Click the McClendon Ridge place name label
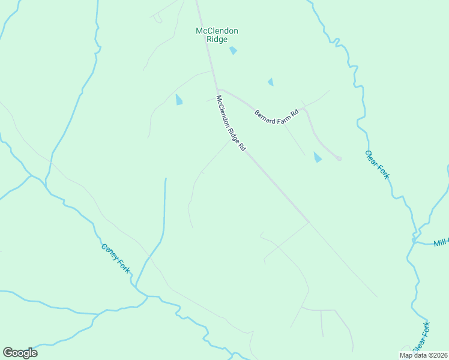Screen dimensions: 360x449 tap(217, 35)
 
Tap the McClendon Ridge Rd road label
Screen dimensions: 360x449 tap(231, 123)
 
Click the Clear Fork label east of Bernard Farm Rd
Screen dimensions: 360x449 tap(377, 164)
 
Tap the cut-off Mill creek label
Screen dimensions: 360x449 tap(441, 242)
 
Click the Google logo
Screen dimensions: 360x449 tap(20, 352)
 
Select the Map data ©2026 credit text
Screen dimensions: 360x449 tap(424, 355)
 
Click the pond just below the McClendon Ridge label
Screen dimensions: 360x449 tap(233, 51)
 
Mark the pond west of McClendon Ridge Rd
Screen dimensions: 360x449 tap(178, 100)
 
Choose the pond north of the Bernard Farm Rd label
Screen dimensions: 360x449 tap(271, 82)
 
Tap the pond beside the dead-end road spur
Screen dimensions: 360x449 tap(317, 157)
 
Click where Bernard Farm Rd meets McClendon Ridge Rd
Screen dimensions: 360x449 tap(217, 90)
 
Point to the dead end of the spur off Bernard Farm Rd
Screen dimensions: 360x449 tap(339, 158)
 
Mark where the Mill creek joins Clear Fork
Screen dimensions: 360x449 tap(414, 241)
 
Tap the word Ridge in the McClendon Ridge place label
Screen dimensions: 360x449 tap(217, 40)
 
